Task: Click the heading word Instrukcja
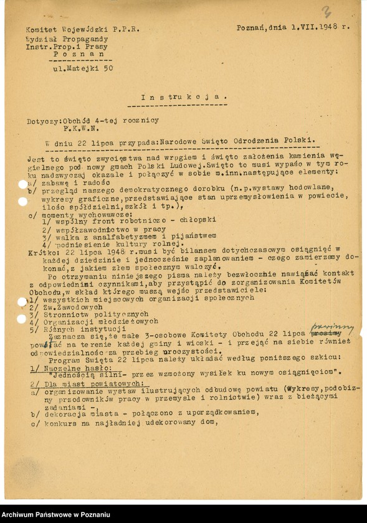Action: click(x=183, y=97)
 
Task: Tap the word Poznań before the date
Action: click(x=252, y=28)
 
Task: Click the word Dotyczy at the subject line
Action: click(x=42, y=120)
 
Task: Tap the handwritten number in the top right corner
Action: click(x=326, y=11)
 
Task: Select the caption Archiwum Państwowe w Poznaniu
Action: click(x=56, y=514)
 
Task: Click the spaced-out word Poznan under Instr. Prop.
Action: click(x=74, y=54)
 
